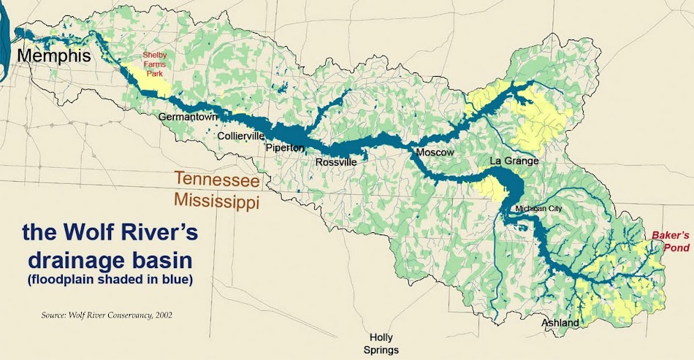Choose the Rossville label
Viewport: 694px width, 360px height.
click(x=336, y=162)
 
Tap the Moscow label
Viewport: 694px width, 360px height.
click(x=435, y=153)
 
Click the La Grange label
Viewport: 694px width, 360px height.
click(x=514, y=161)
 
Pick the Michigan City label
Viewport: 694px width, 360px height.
click(x=538, y=209)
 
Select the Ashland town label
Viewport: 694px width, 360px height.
click(x=560, y=323)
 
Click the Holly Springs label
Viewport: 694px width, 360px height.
click(x=381, y=343)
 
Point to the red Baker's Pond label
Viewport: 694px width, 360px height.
click(x=671, y=242)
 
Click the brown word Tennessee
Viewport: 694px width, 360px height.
click(x=216, y=179)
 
